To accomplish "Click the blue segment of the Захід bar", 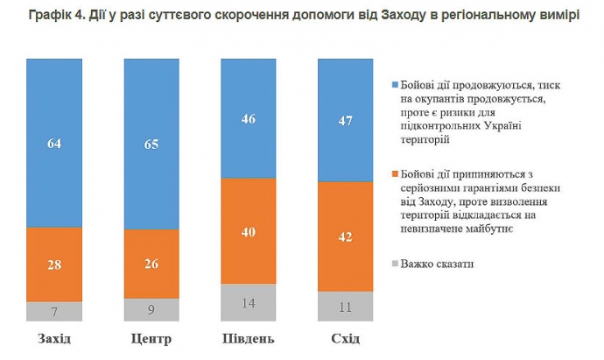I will (x=54, y=142).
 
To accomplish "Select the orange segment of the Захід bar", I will (x=54, y=264).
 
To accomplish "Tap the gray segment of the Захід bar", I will (x=54, y=312).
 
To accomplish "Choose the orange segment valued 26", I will (x=151, y=264).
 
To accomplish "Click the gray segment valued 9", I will (x=151, y=309).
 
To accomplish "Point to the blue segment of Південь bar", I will (x=248, y=117).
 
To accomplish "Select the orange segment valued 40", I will (x=248, y=230).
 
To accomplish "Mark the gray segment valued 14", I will (x=248, y=303).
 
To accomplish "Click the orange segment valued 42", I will (x=345, y=236).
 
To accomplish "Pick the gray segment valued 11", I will (x=345, y=307).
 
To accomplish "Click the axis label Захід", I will (x=55, y=339).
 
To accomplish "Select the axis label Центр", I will (x=151, y=339).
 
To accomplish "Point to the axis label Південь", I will (x=248, y=339).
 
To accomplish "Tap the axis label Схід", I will (x=345, y=339).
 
